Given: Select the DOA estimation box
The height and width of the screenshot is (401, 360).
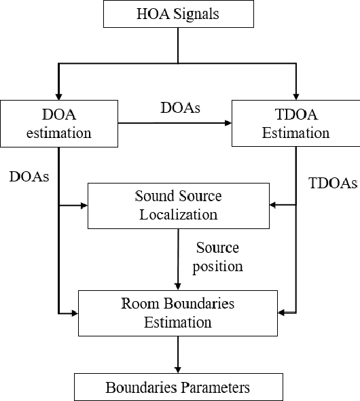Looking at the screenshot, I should click(x=58, y=123).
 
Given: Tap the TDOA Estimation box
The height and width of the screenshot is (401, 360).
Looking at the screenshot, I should click(x=296, y=123).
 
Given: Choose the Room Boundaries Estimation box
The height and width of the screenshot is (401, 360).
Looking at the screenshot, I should click(x=177, y=313).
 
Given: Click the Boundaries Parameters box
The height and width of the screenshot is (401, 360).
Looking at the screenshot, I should click(x=177, y=387).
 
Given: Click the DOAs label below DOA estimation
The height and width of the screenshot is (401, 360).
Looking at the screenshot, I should click(x=29, y=176).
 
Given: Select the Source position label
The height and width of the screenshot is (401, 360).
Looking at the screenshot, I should click(x=217, y=256).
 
